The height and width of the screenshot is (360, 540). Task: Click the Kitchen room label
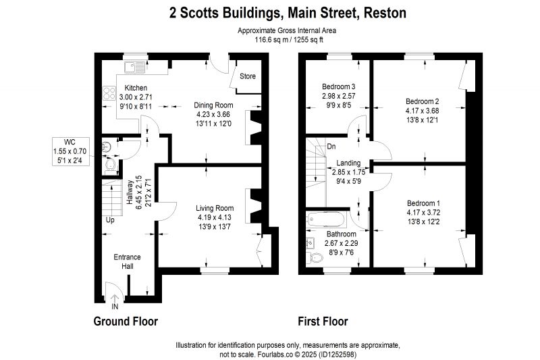(136, 88)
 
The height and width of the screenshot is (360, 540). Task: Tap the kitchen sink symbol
(134, 67)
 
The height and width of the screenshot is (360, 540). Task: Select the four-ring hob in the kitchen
(109, 93)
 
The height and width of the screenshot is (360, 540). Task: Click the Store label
(248, 76)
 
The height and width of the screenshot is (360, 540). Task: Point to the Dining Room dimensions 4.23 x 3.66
(213, 114)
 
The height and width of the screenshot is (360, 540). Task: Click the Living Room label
(215, 208)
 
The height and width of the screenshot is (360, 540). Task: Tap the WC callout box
(70, 151)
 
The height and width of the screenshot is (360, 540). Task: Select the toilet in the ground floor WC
(110, 164)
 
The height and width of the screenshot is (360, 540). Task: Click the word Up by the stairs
(110, 220)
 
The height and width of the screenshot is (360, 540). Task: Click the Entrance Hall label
(128, 261)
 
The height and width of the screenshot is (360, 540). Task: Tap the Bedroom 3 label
(339, 86)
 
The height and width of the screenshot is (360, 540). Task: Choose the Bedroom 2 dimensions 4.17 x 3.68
(423, 111)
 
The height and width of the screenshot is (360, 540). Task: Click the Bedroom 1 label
(423, 203)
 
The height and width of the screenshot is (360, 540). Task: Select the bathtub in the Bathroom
(326, 218)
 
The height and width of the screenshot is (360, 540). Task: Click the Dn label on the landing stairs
(331, 147)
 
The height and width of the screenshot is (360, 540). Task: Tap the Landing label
(348, 163)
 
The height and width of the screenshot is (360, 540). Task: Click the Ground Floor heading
(126, 322)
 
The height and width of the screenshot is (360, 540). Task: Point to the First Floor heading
(323, 322)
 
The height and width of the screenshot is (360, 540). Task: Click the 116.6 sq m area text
(269, 40)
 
